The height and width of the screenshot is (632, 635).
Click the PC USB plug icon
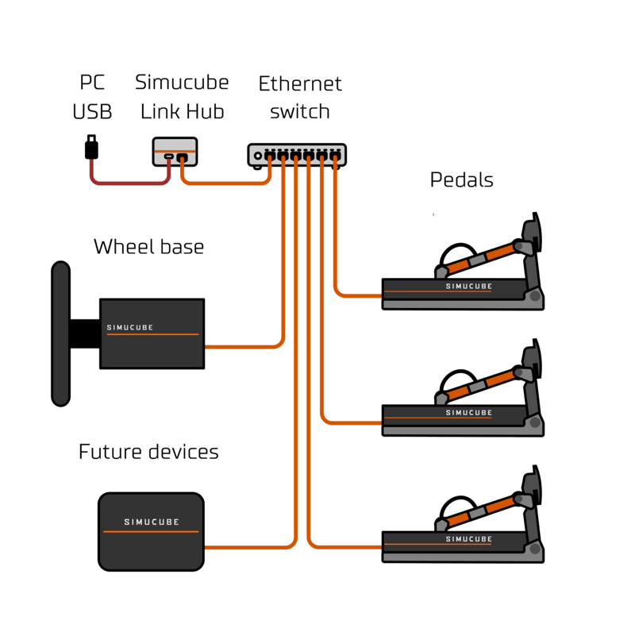[92, 147]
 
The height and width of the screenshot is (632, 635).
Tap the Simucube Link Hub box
[175, 150]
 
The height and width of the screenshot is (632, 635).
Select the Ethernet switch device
[297, 156]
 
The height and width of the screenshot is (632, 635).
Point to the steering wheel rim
[60, 333]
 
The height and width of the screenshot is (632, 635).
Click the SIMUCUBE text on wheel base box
[130, 327]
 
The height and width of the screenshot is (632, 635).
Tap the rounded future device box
[151, 531]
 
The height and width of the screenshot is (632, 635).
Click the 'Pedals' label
[461, 180]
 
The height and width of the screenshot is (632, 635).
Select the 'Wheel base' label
[148, 247]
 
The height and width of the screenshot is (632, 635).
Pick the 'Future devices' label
[148, 453]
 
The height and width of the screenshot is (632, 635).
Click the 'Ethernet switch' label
[300, 97]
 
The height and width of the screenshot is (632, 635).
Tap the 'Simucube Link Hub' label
[182, 96]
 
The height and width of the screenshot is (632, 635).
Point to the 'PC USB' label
[92, 96]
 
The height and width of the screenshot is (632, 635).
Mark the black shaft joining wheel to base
[84, 333]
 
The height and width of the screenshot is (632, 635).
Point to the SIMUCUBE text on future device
[152, 522]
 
